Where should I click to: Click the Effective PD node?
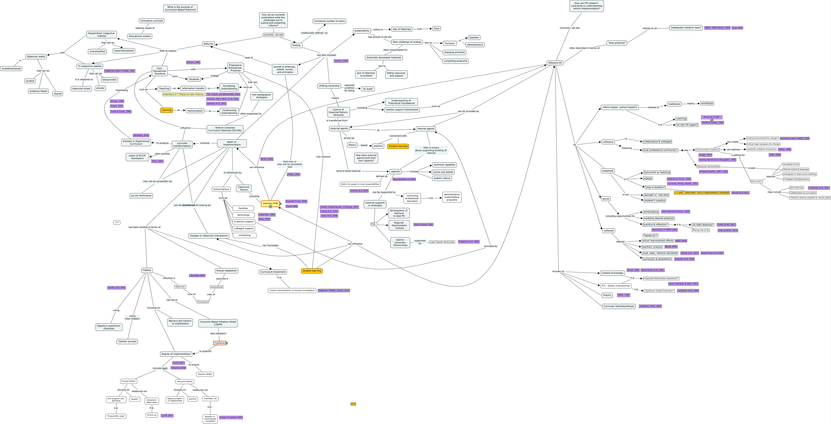point(555,63)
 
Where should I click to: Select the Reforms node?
point(208,44)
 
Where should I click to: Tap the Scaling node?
point(296,45)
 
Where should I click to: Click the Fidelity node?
point(147,270)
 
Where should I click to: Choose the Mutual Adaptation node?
point(226,271)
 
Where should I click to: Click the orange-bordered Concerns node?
point(219,343)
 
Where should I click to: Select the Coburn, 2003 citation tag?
point(341,61)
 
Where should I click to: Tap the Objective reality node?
point(36,57)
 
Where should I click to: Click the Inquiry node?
point(607,295)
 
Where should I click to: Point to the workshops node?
point(707,103)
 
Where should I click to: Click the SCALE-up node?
point(152,415)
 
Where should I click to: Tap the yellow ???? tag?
point(353,404)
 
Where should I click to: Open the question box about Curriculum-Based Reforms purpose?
point(180,8)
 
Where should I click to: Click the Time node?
point(437,28)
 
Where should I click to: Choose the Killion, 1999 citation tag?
point(784,150)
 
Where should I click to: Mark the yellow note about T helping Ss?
point(184,94)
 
